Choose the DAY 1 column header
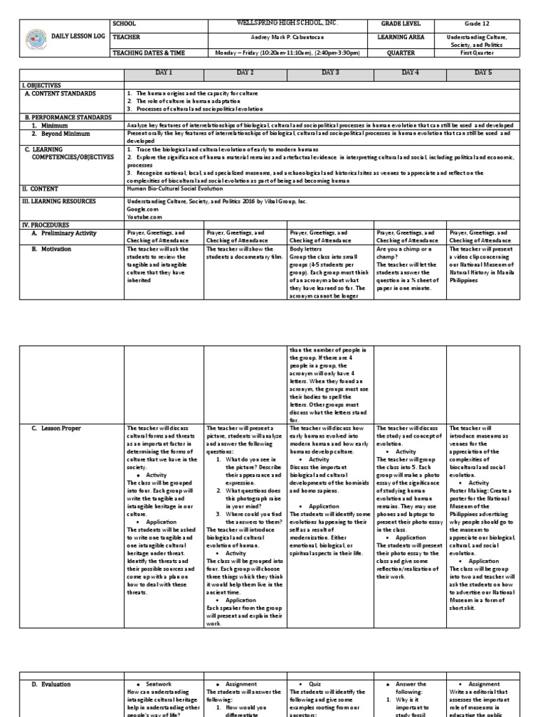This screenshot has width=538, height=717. coord(165,73)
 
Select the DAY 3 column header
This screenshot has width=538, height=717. coord(331,73)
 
